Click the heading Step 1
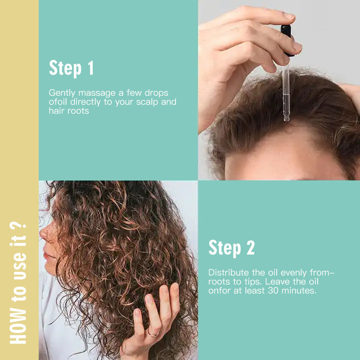pos(71,68)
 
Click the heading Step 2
pos(231,248)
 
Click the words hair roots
pos(69,111)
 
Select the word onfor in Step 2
pos(219,291)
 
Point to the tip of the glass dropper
pos(286,119)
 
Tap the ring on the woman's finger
pos(153,333)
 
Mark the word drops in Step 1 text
pos(157,93)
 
